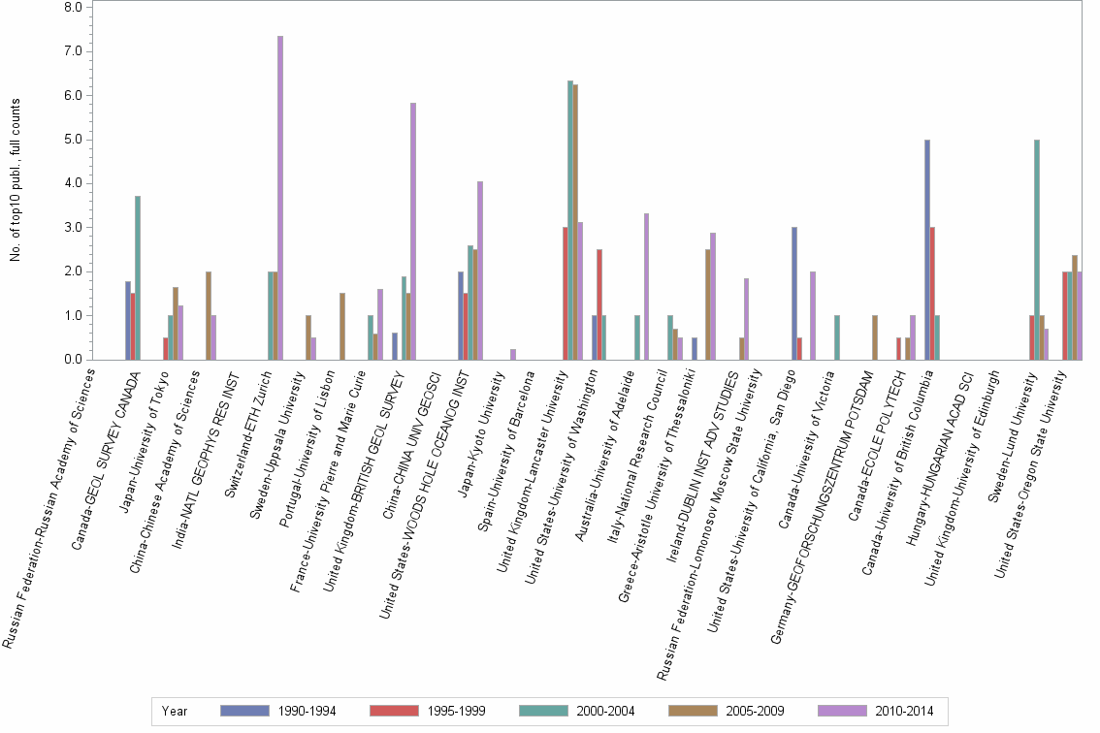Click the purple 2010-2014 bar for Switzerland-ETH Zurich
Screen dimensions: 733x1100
point(280,198)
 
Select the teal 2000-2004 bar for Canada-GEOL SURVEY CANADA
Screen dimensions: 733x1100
point(138,277)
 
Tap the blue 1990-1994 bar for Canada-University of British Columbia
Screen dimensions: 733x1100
point(927,249)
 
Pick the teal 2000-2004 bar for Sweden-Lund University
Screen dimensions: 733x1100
point(1037,249)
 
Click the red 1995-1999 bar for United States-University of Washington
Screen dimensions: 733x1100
point(600,304)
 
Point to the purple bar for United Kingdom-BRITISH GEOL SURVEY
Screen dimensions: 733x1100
point(413,231)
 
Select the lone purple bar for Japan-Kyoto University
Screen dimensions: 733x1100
point(513,354)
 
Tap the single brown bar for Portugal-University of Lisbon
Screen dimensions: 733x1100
point(342,326)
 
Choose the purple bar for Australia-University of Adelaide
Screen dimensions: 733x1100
point(646,286)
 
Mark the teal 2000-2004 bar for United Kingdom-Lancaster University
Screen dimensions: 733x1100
point(570,220)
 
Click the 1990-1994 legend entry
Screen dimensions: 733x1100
point(279,711)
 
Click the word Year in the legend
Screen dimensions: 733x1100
point(176,711)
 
